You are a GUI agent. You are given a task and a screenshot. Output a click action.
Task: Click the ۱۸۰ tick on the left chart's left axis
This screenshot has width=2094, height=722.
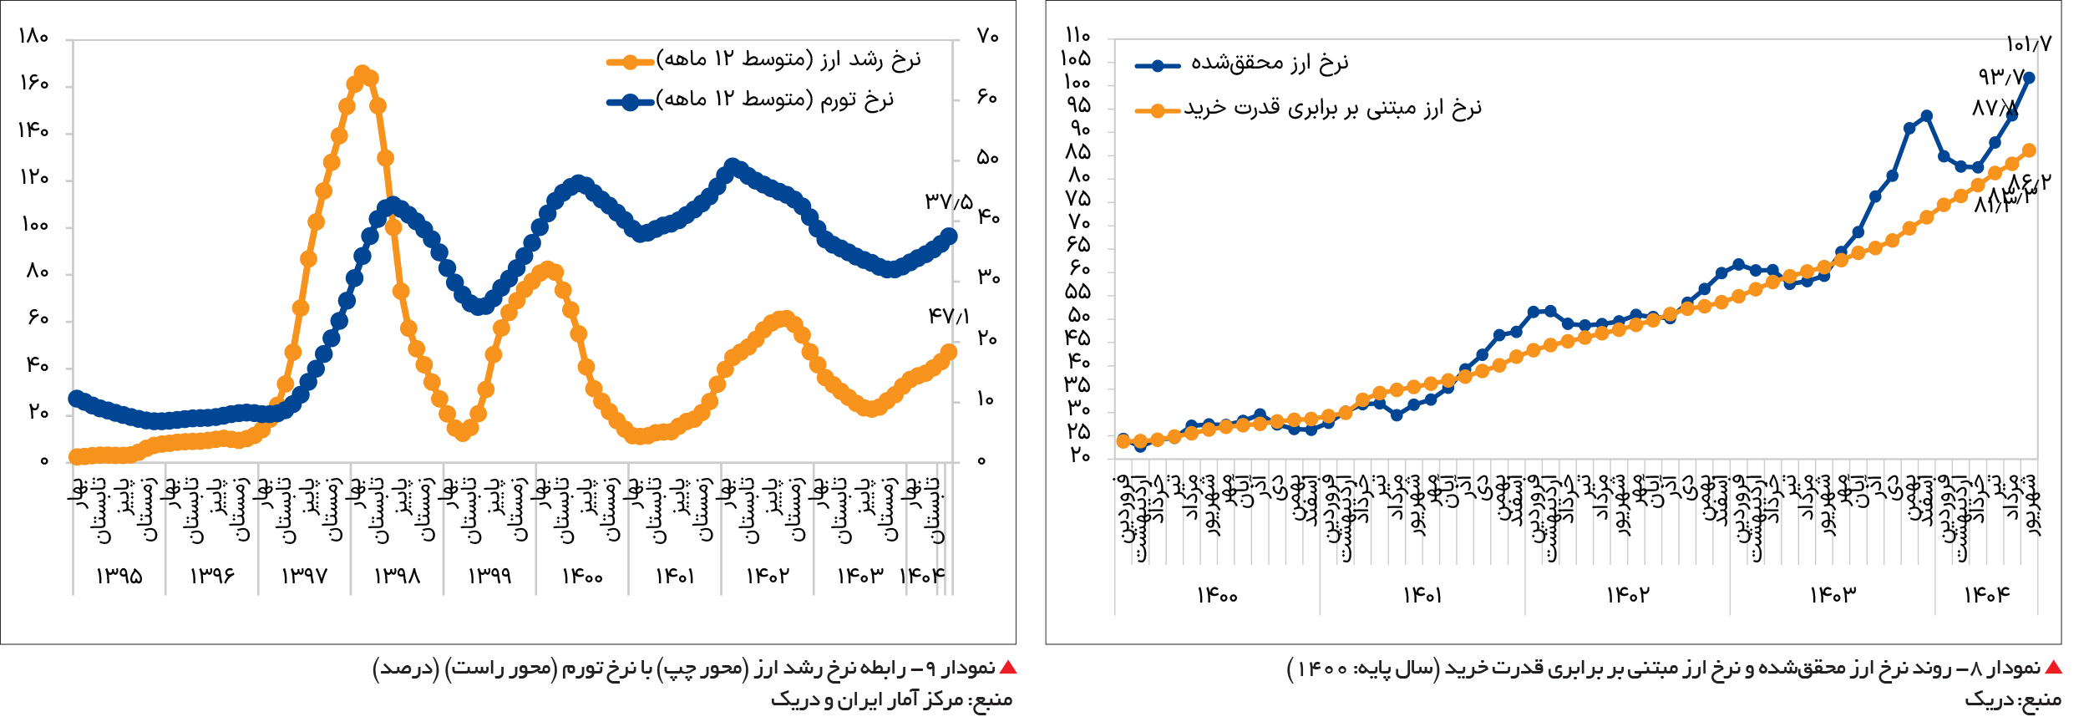pyautogui.click(x=33, y=37)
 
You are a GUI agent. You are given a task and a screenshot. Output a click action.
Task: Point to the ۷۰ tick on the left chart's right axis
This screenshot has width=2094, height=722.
pyautogui.click(x=987, y=37)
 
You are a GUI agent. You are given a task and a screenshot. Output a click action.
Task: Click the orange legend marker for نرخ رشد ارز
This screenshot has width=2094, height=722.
pyautogui.click(x=631, y=61)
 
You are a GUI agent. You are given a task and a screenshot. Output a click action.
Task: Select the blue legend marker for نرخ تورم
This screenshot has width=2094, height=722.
pyautogui.click(x=631, y=102)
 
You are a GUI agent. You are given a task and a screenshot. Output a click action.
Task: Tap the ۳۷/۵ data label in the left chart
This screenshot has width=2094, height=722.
pyautogui.click(x=949, y=201)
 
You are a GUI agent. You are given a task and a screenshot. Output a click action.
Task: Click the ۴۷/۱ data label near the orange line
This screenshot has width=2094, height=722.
pyautogui.click(x=949, y=316)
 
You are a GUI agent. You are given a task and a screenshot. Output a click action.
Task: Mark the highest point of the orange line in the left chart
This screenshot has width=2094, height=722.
pyautogui.click(x=362, y=74)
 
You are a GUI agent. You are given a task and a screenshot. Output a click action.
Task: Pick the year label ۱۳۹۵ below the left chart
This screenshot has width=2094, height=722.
pyautogui.click(x=119, y=577)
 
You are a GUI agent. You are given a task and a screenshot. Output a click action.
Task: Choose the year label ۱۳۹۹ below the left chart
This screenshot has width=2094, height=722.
pyautogui.click(x=489, y=577)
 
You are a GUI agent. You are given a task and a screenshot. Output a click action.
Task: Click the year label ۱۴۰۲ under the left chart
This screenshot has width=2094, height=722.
pyautogui.click(x=768, y=577)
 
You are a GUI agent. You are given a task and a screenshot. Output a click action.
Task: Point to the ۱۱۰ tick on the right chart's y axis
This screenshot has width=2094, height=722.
pyautogui.click(x=1077, y=35)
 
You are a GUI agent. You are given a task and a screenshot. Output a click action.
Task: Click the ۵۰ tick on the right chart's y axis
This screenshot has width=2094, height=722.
pyautogui.click(x=1077, y=316)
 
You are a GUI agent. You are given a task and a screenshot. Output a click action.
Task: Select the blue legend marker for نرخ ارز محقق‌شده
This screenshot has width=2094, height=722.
pyautogui.click(x=1157, y=66)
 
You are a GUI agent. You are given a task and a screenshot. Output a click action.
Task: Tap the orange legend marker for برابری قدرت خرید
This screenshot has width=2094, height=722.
pyautogui.click(x=1157, y=110)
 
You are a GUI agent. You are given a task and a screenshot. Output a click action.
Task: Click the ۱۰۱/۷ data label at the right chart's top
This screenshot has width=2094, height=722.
pyautogui.click(x=2028, y=43)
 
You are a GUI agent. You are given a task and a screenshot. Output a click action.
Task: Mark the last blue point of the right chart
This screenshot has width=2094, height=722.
pyautogui.click(x=2029, y=78)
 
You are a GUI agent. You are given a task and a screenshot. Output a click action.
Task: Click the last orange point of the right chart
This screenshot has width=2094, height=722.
pyautogui.click(x=2029, y=150)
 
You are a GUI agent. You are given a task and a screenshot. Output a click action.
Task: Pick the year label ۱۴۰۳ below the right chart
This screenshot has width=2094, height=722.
pyautogui.click(x=1833, y=595)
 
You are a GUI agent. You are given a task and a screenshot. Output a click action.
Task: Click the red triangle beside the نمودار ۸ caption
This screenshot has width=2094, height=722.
pyautogui.click(x=2053, y=668)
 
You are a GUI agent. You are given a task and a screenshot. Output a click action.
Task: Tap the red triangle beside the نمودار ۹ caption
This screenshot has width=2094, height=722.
pyautogui.click(x=1008, y=668)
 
